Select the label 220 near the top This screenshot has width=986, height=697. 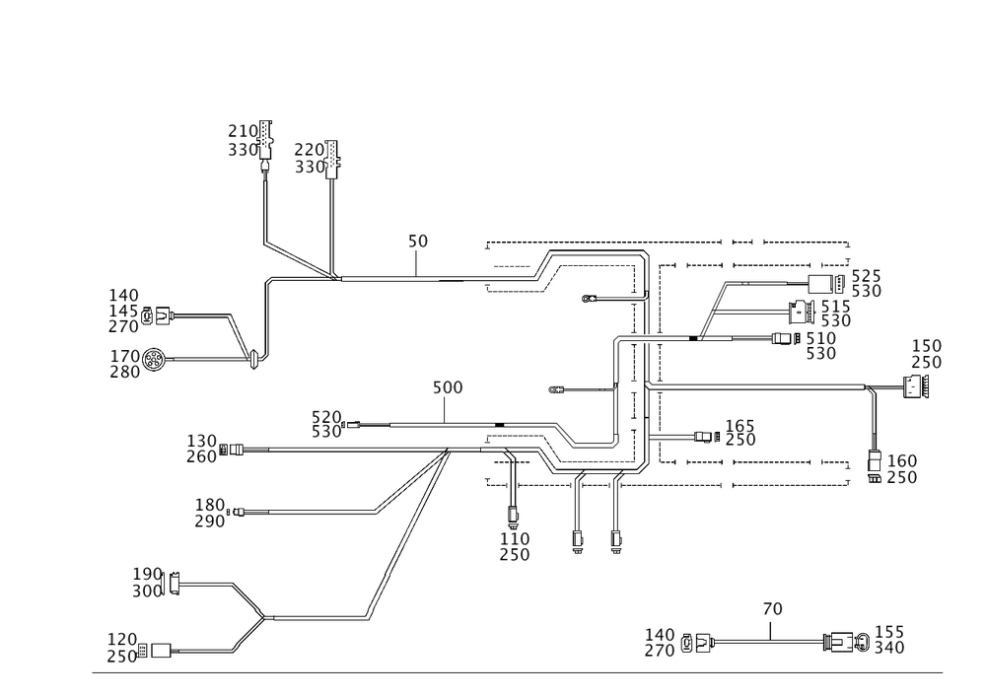[309, 150]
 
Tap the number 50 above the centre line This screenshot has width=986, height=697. [418, 242]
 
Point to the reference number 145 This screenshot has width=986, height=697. [125, 311]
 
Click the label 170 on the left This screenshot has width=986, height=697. [125, 354]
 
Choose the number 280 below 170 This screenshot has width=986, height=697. [125, 372]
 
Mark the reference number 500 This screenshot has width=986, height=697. [448, 389]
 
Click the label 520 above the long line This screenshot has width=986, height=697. [326, 416]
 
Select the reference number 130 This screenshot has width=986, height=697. [201, 441]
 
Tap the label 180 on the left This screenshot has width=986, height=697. [212, 504]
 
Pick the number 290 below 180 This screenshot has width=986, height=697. [212, 521]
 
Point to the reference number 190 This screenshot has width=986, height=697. [148, 574]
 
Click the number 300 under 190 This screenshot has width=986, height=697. [148, 591]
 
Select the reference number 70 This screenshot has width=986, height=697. [773, 611]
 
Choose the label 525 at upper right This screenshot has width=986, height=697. [866, 275]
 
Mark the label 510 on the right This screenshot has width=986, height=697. [821, 337]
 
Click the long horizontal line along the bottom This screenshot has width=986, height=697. [518, 671]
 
